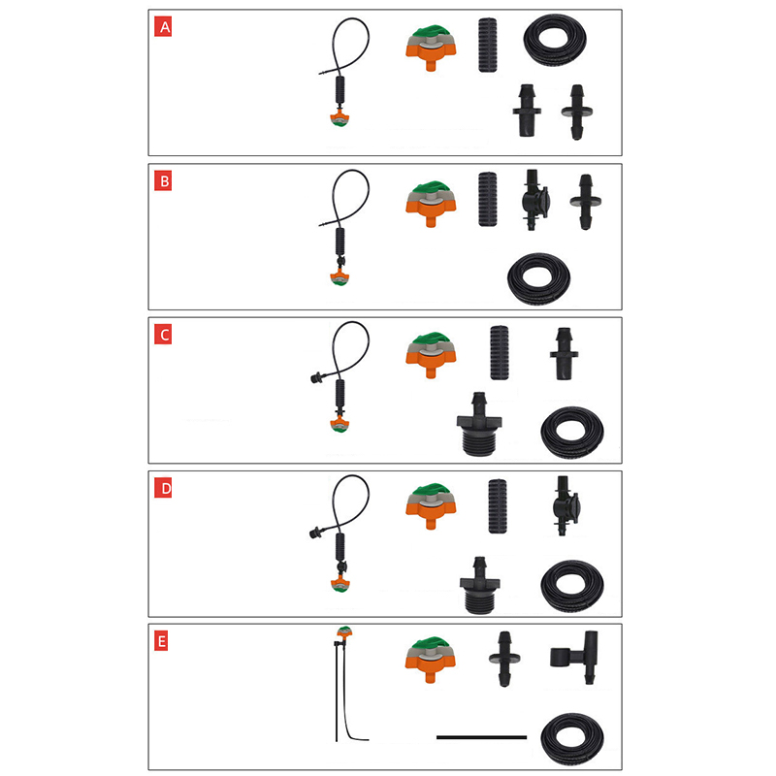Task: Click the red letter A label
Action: click(x=163, y=27)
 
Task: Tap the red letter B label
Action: click(x=163, y=181)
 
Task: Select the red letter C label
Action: click(x=163, y=335)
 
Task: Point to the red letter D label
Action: click(x=163, y=489)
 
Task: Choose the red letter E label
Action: click(x=161, y=642)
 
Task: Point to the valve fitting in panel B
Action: click(x=534, y=200)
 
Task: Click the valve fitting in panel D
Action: click(x=565, y=505)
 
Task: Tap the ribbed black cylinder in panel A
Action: click(x=488, y=46)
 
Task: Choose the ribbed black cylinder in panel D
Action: click(x=498, y=505)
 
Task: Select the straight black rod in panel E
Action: click(x=481, y=737)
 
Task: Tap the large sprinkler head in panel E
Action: click(x=430, y=660)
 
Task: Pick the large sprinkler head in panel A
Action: click(x=431, y=48)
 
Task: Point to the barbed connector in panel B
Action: click(x=586, y=202)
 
